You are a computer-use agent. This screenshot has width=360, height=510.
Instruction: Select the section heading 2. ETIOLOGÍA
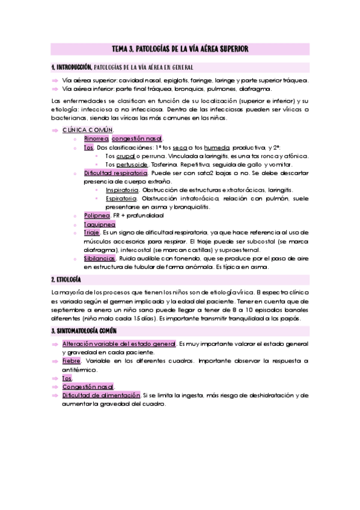66,280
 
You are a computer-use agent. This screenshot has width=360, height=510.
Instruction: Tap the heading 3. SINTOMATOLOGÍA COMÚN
84,331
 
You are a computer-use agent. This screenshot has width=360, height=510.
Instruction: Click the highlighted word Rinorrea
96,138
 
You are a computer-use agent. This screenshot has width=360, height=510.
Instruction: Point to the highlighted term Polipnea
97,215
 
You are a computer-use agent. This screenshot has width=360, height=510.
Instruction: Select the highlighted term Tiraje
92,232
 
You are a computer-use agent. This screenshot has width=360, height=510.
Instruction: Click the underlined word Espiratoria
121,198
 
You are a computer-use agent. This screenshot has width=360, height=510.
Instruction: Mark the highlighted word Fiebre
72,360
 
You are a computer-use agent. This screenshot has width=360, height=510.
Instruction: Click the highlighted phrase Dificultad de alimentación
100,395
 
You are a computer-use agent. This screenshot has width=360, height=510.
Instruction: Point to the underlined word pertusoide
131,164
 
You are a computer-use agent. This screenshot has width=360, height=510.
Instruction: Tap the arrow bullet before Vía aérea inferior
55,88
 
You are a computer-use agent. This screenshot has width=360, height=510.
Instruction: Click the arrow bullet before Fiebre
55,360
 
